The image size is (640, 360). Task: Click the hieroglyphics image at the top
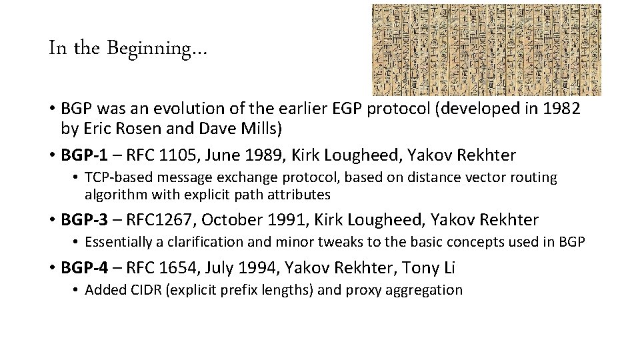[486, 50]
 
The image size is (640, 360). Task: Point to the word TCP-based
[116, 177]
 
